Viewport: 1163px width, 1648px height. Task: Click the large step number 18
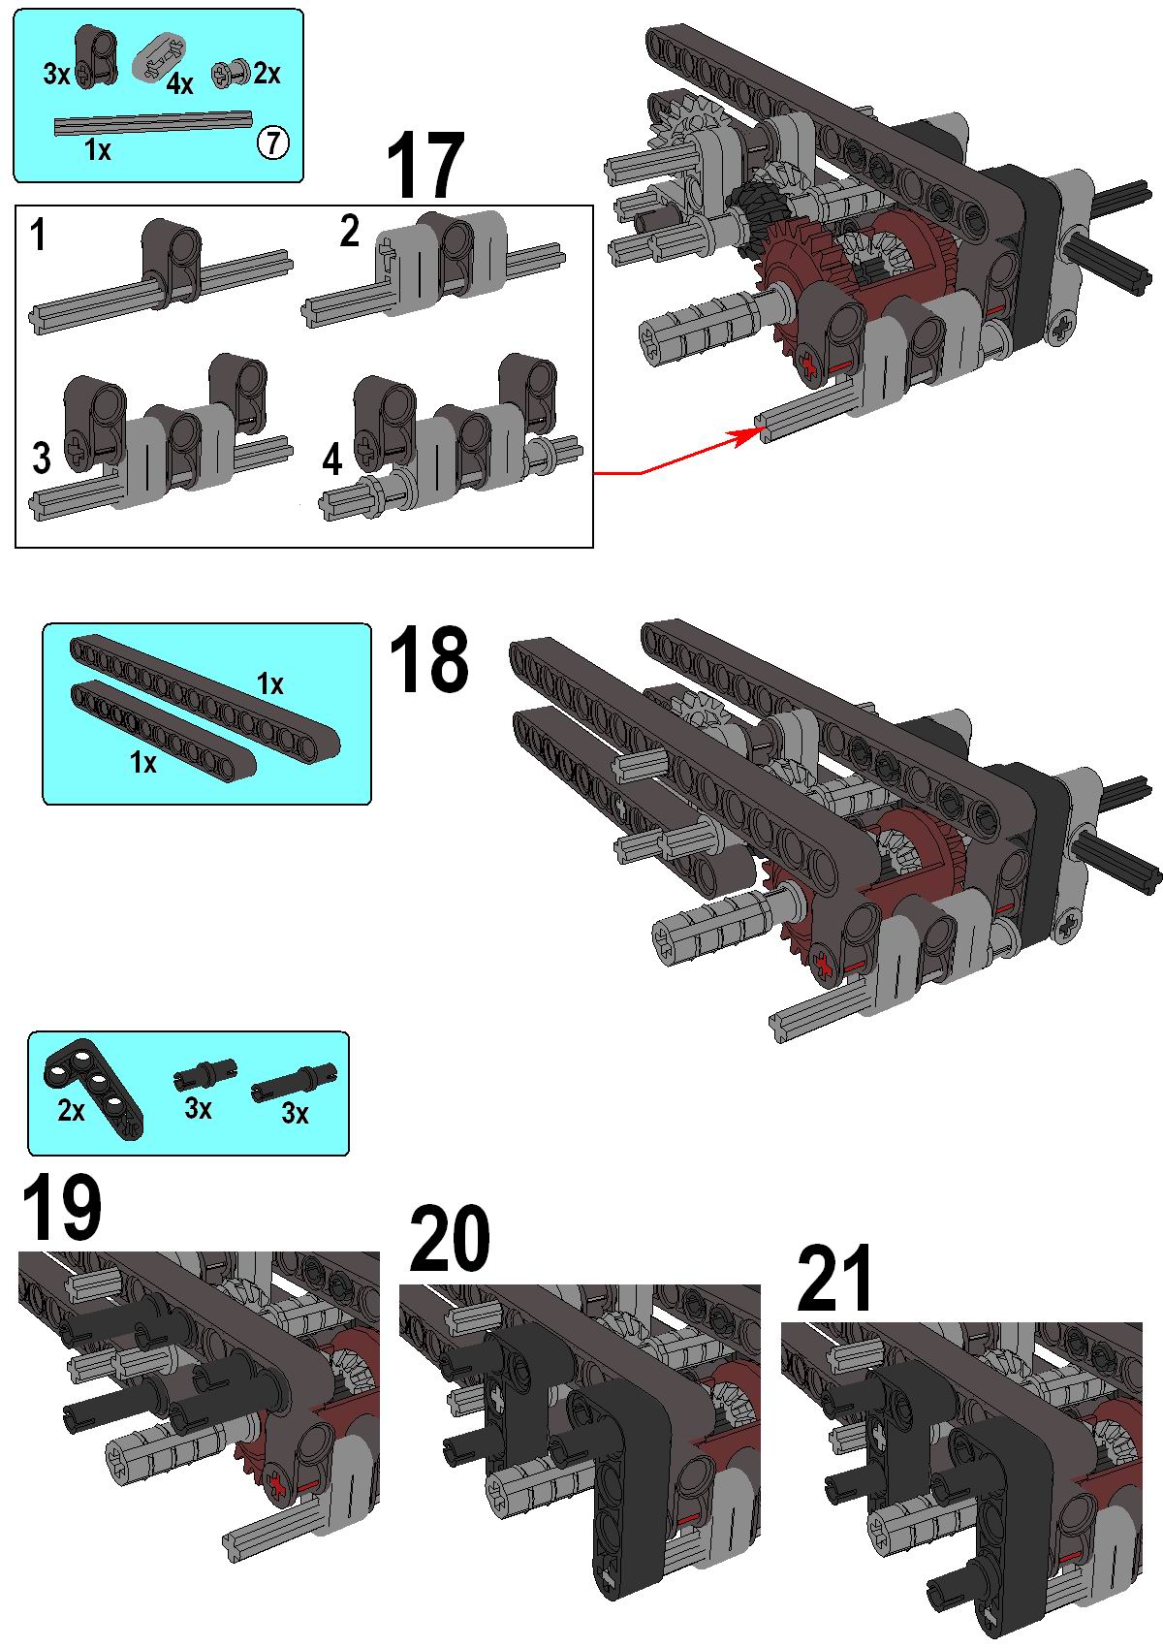427,659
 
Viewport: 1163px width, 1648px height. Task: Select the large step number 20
449,1238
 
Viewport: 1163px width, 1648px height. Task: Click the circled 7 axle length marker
273,142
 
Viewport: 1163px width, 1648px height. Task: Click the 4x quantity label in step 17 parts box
179,84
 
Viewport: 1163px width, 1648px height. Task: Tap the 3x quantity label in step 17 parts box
56,74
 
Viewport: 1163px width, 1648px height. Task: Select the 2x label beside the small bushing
267,73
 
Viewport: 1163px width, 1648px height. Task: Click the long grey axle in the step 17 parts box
153,123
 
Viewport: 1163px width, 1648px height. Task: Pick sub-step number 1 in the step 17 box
38,236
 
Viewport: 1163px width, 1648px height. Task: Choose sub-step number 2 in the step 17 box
350,231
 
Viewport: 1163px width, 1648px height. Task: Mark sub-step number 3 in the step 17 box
42,458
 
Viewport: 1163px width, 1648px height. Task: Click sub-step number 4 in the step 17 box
332,460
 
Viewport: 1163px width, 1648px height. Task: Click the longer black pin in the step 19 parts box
294,1083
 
